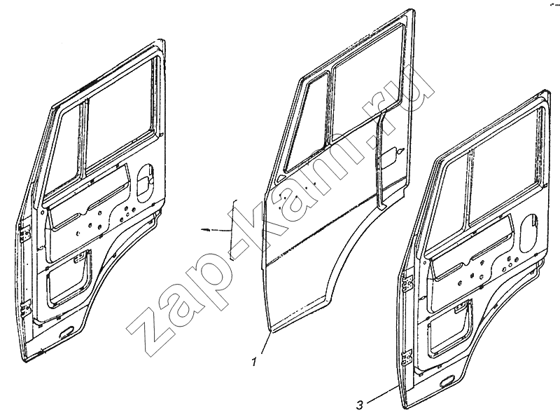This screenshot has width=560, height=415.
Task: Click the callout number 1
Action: pyautogui.click(x=254, y=362)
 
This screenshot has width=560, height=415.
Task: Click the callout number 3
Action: pyautogui.click(x=360, y=405)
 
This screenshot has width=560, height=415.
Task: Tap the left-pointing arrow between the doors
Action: pyautogui.click(x=216, y=230)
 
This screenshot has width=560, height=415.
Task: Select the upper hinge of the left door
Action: pyautogui.click(x=24, y=234)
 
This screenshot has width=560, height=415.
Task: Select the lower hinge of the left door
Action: pyautogui.click(x=27, y=309)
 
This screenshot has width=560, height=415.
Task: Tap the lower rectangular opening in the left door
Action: pyautogui.click(x=67, y=279)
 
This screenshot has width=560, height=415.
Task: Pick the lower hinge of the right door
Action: pyautogui.click(x=407, y=357)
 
